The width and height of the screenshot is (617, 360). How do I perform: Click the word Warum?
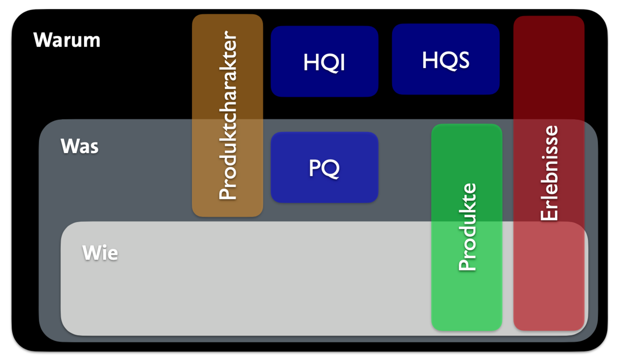pyautogui.click(x=67, y=40)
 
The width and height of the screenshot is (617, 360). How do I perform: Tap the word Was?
pyautogui.click(x=80, y=146)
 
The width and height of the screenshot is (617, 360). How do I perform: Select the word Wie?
pyautogui.click(x=100, y=253)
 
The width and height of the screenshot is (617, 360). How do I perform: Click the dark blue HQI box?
pyautogui.click(x=324, y=61)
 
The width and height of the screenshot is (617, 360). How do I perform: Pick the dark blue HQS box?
pyautogui.click(x=445, y=59)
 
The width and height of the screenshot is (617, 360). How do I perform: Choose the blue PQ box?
pyautogui.click(x=324, y=168)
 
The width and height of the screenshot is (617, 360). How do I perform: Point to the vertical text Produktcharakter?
pyautogui.click(x=228, y=116)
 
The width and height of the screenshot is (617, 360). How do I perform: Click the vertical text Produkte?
pyautogui.click(x=467, y=227)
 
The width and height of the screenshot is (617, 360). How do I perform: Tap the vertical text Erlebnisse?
pyautogui.click(x=549, y=173)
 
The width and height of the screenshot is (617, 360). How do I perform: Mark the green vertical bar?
pyautogui.click(x=467, y=301)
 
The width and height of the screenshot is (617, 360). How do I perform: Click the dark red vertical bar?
pyautogui.click(x=549, y=69)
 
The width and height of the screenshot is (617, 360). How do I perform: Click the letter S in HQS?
pyautogui.click(x=463, y=61)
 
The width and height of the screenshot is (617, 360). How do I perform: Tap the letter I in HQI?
pyautogui.click(x=342, y=62)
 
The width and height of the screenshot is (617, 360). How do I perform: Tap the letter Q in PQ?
pyautogui.click(x=332, y=169)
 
